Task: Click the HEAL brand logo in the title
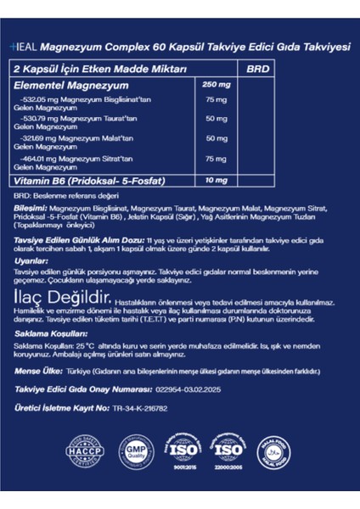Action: coord(25,48)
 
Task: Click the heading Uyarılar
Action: coord(31,262)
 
